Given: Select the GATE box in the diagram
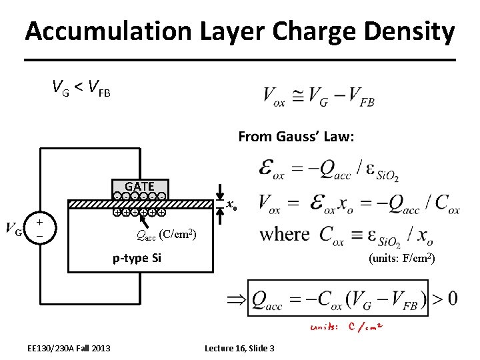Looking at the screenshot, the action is pyautogui.click(x=140, y=187).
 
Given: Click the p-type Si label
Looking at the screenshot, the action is pyautogui.click(x=138, y=257).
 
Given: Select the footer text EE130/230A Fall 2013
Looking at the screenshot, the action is pyautogui.click(x=69, y=348).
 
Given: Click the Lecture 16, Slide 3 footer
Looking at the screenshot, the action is pyautogui.click(x=239, y=348).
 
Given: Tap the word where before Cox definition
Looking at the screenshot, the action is pyautogui.click(x=285, y=234).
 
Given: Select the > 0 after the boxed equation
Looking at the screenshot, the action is pyautogui.click(x=444, y=298).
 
